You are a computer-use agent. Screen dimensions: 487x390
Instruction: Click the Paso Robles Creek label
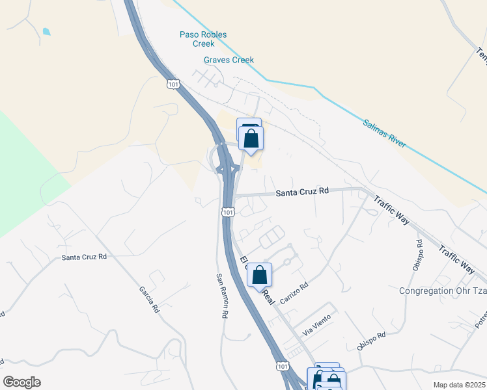pyautogui.click(x=196, y=39)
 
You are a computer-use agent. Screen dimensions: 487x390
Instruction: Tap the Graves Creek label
pyautogui.click(x=229, y=60)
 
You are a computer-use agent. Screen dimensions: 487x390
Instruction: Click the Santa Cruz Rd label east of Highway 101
pyautogui.click(x=302, y=192)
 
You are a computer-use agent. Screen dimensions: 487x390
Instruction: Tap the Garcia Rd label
pyautogui.click(x=149, y=300)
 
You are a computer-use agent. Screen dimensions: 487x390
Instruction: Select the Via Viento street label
pyautogui.click(x=316, y=324)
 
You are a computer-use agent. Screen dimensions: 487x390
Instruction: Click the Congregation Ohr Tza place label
pyautogui.click(x=442, y=291)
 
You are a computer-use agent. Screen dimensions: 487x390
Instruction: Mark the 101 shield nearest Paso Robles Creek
pyautogui.click(x=173, y=84)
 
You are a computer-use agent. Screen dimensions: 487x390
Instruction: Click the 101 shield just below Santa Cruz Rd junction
pyautogui.click(x=227, y=212)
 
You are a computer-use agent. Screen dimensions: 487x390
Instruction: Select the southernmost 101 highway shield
pyautogui.click(x=281, y=367)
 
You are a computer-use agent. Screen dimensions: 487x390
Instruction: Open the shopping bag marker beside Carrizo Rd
pyautogui.click(x=259, y=275)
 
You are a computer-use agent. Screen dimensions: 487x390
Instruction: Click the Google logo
pyautogui.click(x=21, y=382)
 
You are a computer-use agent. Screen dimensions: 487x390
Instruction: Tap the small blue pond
pyautogui.click(x=46, y=31)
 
